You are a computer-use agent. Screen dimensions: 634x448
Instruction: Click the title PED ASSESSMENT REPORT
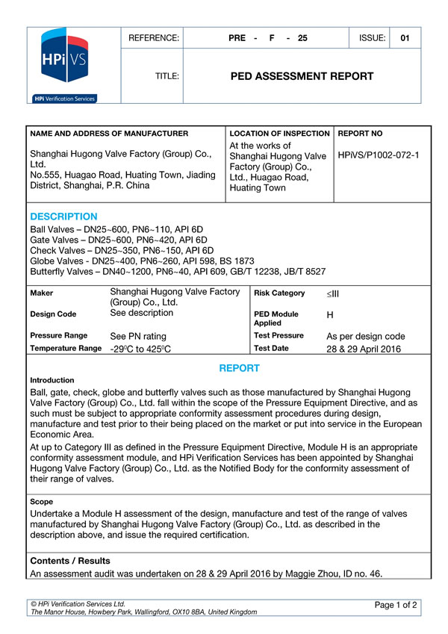pos(302,76)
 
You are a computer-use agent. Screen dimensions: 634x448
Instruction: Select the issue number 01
pos(405,38)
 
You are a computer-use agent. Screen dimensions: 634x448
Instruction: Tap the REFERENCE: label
pos(154,38)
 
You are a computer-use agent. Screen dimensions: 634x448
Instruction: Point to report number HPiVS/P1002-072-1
pos(379,155)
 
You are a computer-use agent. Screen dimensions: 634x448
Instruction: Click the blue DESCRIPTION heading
pos(63,217)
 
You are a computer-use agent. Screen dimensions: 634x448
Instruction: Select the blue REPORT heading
pos(239,368)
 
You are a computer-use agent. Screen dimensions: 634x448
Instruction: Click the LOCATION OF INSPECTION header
pos(279,134)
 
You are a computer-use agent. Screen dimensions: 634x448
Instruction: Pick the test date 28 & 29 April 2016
pos(364,349)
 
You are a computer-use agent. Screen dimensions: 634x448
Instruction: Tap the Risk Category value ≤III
pos(333,293)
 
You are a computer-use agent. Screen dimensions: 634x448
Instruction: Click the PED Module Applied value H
pos(330,316)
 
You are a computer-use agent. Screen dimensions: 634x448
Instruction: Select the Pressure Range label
pos(59,336)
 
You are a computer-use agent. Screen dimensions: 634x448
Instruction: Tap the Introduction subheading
pos(52,380)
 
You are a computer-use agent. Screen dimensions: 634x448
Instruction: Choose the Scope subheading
pos(42,502)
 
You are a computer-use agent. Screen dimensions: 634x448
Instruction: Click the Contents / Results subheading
pos(70,561)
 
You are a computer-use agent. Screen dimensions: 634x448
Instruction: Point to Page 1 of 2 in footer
pos(396,604)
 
